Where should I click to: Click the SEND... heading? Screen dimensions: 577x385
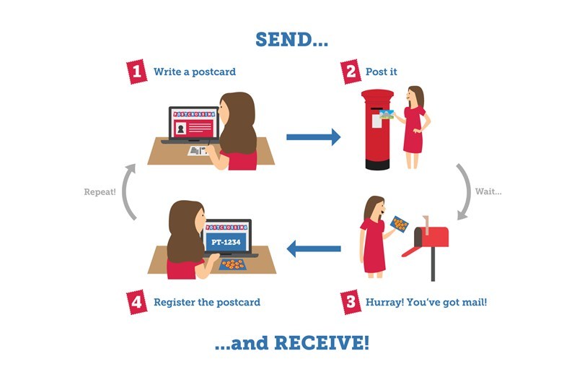[291, 40]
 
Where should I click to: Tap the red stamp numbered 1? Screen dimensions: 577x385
[136, 72]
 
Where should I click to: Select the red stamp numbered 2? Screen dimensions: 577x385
[351, 72]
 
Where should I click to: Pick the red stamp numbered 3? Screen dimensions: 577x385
[351, 302]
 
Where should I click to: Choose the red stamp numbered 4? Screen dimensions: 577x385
[136, 302]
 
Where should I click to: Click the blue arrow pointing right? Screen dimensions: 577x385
[314, 137]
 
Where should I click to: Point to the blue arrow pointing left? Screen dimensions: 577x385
[314, 248]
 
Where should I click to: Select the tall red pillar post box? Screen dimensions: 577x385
[377, 130]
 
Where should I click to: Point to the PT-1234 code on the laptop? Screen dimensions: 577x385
[226, 242]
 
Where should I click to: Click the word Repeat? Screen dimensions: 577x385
[100, 192]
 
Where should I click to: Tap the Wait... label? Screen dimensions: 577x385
[488, 191]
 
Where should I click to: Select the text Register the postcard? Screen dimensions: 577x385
[207, 302]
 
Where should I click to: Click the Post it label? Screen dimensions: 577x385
[382, 72]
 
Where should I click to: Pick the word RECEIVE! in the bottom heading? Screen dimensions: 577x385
[322, 343]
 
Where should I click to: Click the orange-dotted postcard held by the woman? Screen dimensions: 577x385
[400, 224]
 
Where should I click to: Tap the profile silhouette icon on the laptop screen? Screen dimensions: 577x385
[181, 129]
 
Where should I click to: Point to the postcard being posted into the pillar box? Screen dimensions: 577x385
[387, 115]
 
